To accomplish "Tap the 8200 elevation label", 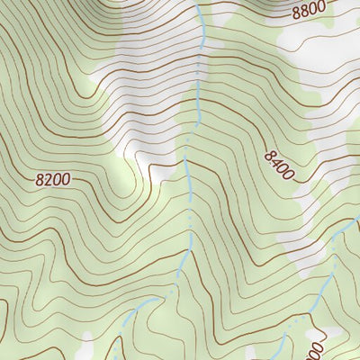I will pos(52,180).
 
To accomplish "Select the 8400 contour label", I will pos(280,166).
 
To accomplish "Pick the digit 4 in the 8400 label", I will pos(275,161).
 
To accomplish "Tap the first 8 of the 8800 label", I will pos(297,13).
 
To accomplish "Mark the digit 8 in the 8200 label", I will pos(40,181).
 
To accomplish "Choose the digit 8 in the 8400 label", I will pos(269,156).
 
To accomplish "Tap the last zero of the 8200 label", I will pos(65,179).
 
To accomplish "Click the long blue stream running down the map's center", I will pos(190,180).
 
